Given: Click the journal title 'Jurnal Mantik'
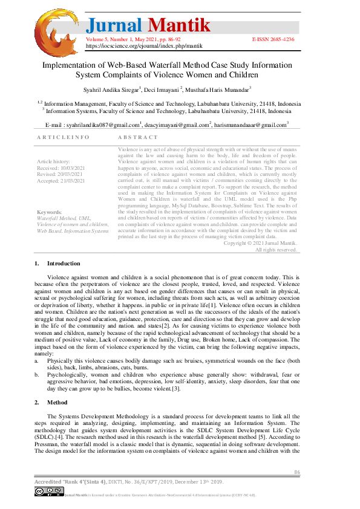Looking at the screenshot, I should coord(149,25).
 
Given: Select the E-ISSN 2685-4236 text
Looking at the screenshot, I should coord(273,39).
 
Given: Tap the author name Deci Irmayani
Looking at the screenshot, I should coord(162,89).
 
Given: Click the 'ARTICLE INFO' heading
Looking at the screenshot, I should coord(64,137).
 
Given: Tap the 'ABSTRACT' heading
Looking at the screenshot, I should coord(137,137).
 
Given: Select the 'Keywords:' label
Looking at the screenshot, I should coord(49,212).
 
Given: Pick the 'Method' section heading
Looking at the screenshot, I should coord(57,401).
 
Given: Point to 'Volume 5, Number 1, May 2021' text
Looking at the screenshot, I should coord(125,39).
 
